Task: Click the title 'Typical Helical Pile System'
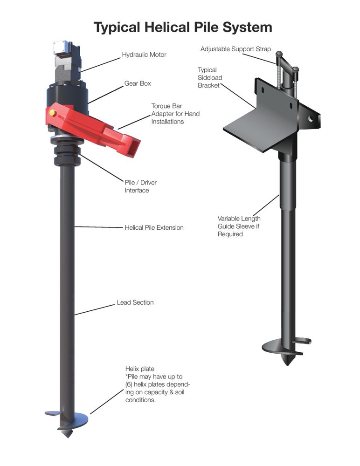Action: point(183,27)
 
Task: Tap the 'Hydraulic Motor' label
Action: point(144,55)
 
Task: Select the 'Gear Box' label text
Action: point(138,83)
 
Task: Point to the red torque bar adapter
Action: point(92,128)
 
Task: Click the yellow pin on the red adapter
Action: point(52,113)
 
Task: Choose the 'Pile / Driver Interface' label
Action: point(140,186)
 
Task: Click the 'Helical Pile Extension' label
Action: point(154,228)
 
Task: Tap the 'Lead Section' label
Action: point(135,302)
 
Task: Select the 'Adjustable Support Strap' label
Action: point(235,49)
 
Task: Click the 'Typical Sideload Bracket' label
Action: point(210,77)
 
